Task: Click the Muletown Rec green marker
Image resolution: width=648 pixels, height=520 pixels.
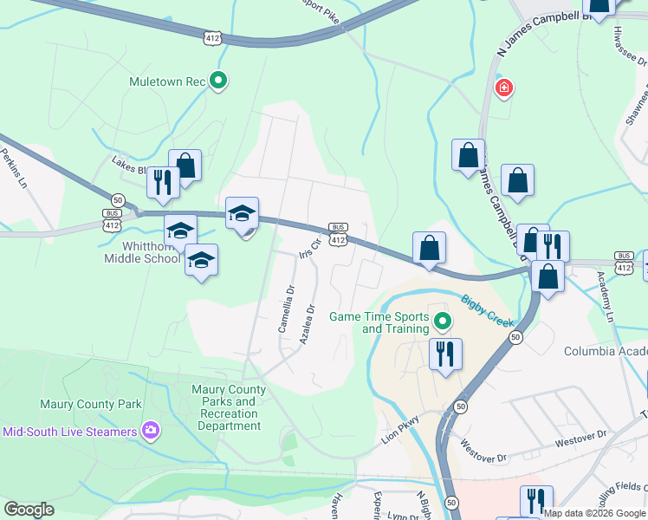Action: coord(218,81)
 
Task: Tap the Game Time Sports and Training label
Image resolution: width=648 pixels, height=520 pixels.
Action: coord(379,322)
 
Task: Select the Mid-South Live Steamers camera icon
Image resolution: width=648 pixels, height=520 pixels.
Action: coord(151,431)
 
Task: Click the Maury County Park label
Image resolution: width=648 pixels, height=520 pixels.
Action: coord(90,404)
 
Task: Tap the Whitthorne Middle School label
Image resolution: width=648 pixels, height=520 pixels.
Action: coord(142,252)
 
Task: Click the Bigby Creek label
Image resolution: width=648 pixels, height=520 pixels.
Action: coord(487,309)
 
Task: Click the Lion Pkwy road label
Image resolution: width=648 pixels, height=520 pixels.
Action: coord(400,431)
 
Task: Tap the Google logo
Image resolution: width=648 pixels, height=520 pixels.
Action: coord(29,510)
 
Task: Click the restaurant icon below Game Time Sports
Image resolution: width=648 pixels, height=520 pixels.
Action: coord(445,353)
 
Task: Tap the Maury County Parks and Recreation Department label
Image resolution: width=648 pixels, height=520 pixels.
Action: coord(229,407)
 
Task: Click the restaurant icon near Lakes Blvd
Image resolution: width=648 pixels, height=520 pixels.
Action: coord(162,181)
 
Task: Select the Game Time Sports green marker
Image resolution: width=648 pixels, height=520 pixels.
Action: coord(443,322)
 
